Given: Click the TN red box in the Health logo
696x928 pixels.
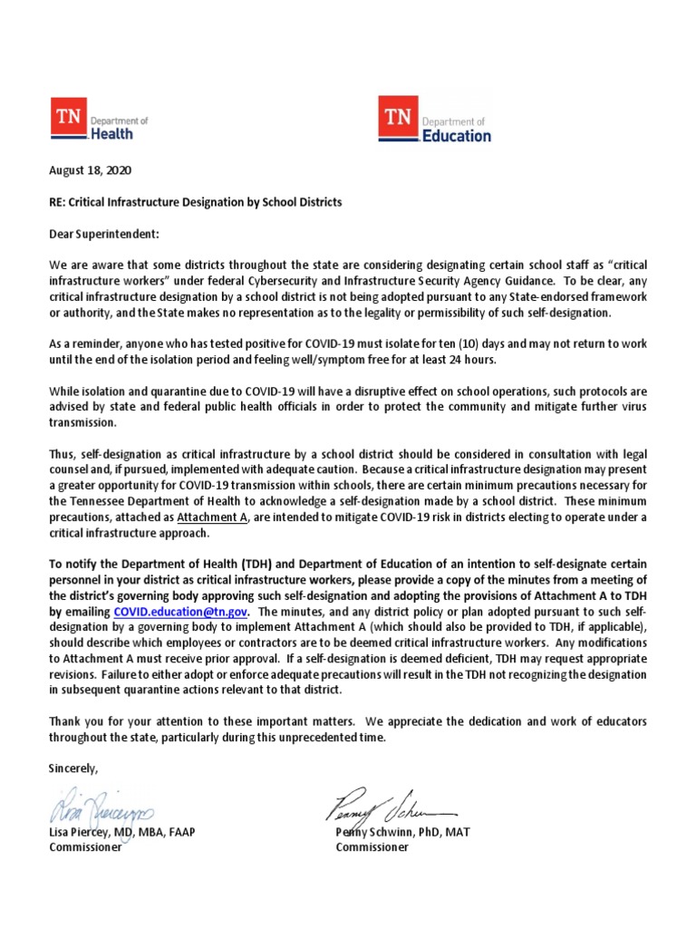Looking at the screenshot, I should click(x=66, y=119).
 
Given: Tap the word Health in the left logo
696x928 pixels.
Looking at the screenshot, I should click(x=111, y=133).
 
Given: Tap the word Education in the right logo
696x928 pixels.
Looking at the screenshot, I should click(x=457, y=135).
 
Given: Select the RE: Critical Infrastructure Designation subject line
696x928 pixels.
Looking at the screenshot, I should click(x=195, y=202).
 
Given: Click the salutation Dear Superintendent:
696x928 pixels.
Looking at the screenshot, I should click(x=103, y=234).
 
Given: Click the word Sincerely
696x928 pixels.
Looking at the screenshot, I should click(x=73, y=768).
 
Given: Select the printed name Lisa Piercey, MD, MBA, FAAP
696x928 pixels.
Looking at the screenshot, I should click(x=121, y=832).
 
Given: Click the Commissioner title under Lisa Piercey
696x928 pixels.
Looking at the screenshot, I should click(x=84, y=847).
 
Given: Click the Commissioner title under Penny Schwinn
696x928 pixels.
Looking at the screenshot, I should click(x=372, y=847).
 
